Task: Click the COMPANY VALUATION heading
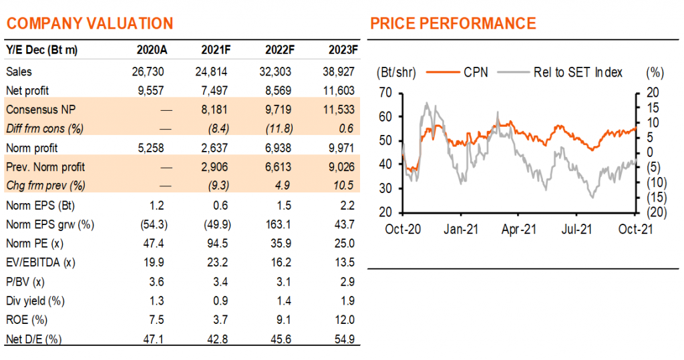pos(90,23)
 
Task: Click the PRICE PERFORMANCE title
pos(453,23)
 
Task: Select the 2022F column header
pos(278,49)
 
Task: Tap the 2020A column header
pos(148,49)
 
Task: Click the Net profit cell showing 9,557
pos(148,89)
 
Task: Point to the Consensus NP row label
pos(36,109)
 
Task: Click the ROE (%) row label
pos(27,320)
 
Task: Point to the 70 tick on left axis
pos(383,92)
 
